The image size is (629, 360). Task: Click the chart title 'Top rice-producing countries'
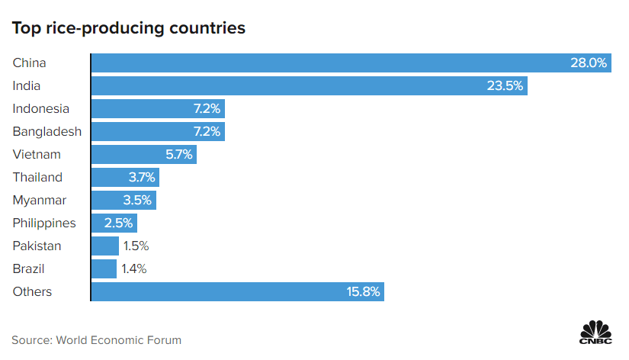point(128,28)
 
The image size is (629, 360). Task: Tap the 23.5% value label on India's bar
point(505,86)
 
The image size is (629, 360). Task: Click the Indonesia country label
point(41,109)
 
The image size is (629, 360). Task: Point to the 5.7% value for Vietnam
point(180,155)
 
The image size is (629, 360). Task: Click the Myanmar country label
point(40,201)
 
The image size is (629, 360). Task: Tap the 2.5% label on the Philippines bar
point(118,223)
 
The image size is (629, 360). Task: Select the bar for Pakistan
point(105,246)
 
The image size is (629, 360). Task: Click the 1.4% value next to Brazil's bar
point(133,269)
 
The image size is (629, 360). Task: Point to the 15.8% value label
point(363,292)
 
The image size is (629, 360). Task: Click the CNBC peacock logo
point(596,333)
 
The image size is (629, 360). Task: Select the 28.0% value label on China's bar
point(589,63)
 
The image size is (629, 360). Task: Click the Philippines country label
point(44,223)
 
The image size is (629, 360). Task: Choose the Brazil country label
point(29,269)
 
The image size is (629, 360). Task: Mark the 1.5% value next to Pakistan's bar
point(135,246)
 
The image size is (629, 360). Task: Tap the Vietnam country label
point(37,155)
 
